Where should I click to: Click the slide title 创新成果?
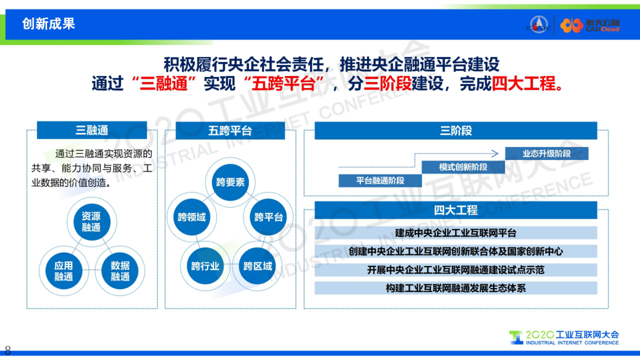tap(48, 24)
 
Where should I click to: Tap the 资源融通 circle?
tap(92, 222)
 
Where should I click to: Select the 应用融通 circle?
tap(64, 271)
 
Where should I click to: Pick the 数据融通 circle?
tap(120, 271)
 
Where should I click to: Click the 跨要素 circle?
tap(230, 182)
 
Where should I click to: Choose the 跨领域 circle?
tap(192, 217)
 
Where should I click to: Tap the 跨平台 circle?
tap(268, 217)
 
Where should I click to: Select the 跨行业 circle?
tap(205, 266)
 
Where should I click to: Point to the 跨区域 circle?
tap(257, 266)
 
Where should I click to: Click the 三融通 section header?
tap(92, 130)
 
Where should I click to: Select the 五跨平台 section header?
tap(230, 131)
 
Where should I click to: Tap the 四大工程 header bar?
tap(456, 210)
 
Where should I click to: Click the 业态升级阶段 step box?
tap(546, 154)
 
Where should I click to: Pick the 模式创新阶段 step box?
tap(463, 167)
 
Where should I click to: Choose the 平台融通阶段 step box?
tap(380, 181)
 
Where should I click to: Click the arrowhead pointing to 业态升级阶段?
tap(496, 153)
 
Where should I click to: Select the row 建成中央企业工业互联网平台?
tap(456, 233)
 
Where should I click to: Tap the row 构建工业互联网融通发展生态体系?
tap(456, 288)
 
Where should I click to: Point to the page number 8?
tap(8, 350)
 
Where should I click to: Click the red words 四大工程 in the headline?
tap(523, 84)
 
